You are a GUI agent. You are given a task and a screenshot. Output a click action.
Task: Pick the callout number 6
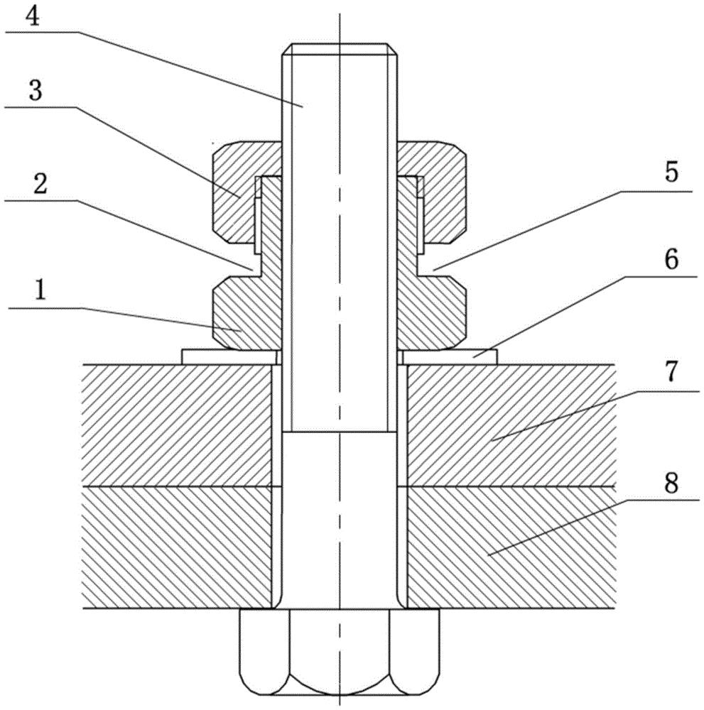(671, 261)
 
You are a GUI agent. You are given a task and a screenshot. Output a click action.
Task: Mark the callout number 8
(671, 485)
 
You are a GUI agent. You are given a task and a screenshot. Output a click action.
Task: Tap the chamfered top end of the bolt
(339, 50)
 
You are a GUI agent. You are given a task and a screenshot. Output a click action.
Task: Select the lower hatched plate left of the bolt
(178, 547)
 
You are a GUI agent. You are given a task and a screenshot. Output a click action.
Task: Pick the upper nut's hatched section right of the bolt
(444, 192)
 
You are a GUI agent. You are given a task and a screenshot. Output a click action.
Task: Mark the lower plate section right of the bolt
(508, 547)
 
